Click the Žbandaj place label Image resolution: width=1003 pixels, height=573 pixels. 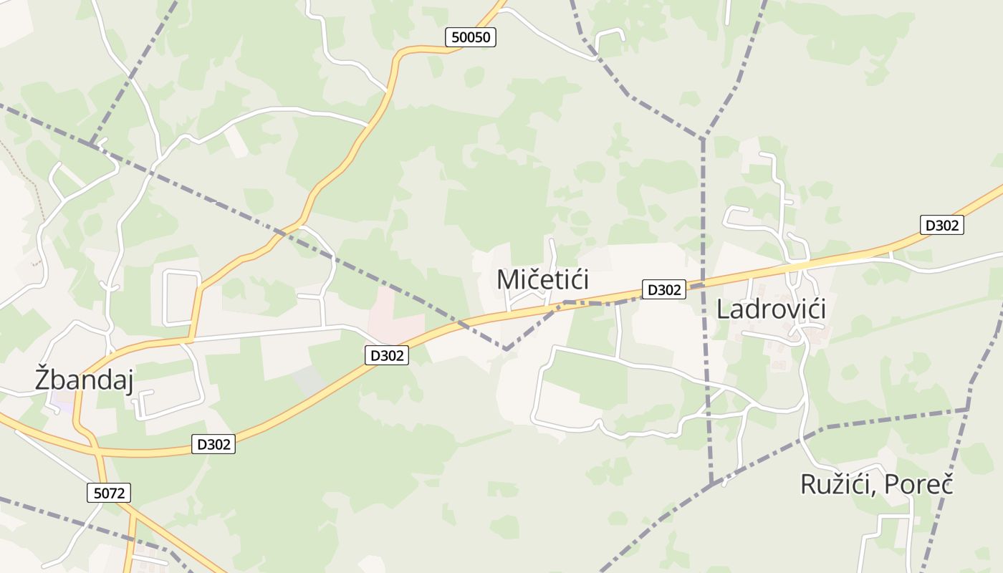click(x=84, y=380)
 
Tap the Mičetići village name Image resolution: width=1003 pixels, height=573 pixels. click(x=542, y=279)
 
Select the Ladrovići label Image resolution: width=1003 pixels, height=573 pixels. click(x=771, y=309)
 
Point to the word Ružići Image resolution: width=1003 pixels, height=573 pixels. click(x=835, y=485)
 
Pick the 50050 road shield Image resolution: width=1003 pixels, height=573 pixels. click(x=470, y=37)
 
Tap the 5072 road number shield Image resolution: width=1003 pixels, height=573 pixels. click(x=110, y=493)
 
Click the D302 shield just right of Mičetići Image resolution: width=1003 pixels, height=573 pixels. click(x=663, y=289)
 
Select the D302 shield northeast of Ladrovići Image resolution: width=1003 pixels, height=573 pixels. click(x=941, y=225)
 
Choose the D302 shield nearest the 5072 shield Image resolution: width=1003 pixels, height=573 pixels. click(x=213, y=444)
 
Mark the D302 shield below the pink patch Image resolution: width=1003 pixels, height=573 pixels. click(x=387, y=355)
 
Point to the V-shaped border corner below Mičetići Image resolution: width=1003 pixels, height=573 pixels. click(x=506, y=350)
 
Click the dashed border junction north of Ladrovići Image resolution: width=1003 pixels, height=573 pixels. click(x=703, y=138)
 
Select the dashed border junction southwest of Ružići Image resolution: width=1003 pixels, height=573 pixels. click(x=711, y=485)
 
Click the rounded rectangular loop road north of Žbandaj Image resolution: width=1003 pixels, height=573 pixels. click(x=182, y=297)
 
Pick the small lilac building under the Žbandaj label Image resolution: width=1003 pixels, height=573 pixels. click(x=63, y=405)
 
